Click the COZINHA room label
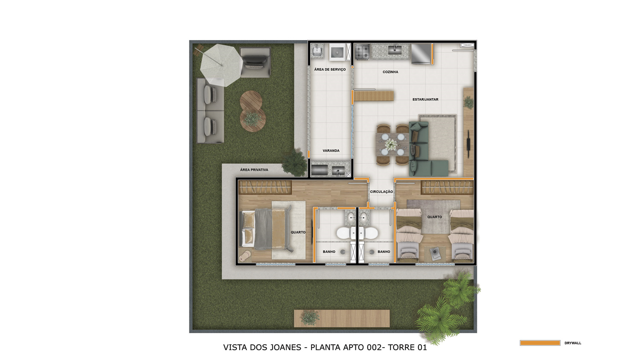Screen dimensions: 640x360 390,72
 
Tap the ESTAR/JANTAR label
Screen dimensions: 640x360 425,99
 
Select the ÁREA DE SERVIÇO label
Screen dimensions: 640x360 330,70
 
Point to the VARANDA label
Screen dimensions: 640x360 331,151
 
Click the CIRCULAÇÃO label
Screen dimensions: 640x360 381,192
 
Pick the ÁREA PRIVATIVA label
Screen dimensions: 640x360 254,170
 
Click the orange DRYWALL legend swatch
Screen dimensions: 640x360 540,343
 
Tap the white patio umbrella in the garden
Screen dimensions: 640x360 221,65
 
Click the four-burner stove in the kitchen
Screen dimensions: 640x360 362,52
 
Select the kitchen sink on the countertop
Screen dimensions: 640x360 395,50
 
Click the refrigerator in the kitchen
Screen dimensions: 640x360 421,54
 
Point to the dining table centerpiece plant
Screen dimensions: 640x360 390,144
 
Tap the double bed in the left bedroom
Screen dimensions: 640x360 267,228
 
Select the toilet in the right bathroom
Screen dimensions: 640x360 369,233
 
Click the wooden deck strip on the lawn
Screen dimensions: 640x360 342,318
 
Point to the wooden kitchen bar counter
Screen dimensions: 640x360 373,96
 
